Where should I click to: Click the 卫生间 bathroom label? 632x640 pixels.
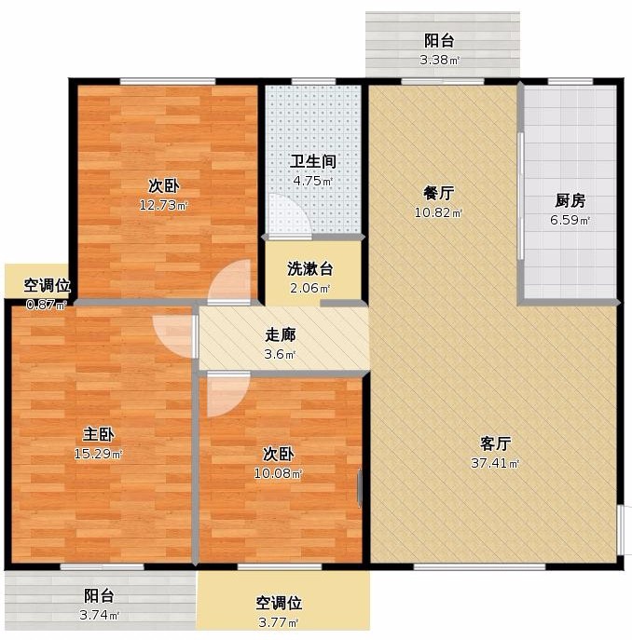313,162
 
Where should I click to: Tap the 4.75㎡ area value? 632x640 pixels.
313,181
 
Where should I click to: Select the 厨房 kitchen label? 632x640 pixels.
570,200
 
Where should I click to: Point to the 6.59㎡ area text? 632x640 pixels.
570,220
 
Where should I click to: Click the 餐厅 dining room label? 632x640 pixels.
438,193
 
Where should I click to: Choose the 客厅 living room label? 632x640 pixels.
495,443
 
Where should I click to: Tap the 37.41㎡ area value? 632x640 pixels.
495,463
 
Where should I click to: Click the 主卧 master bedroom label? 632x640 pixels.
98,434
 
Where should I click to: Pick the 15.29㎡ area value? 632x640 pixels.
98,454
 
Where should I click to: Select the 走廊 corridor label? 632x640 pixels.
281,334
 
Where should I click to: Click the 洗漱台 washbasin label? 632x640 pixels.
310,268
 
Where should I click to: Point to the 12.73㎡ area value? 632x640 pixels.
163,205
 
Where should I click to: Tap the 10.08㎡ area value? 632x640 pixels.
278,473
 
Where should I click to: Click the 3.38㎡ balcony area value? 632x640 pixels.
440,60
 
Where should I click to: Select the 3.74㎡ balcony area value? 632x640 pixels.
99,615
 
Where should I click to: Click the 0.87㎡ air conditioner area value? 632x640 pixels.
47,305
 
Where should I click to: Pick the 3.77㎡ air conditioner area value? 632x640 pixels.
278,622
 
